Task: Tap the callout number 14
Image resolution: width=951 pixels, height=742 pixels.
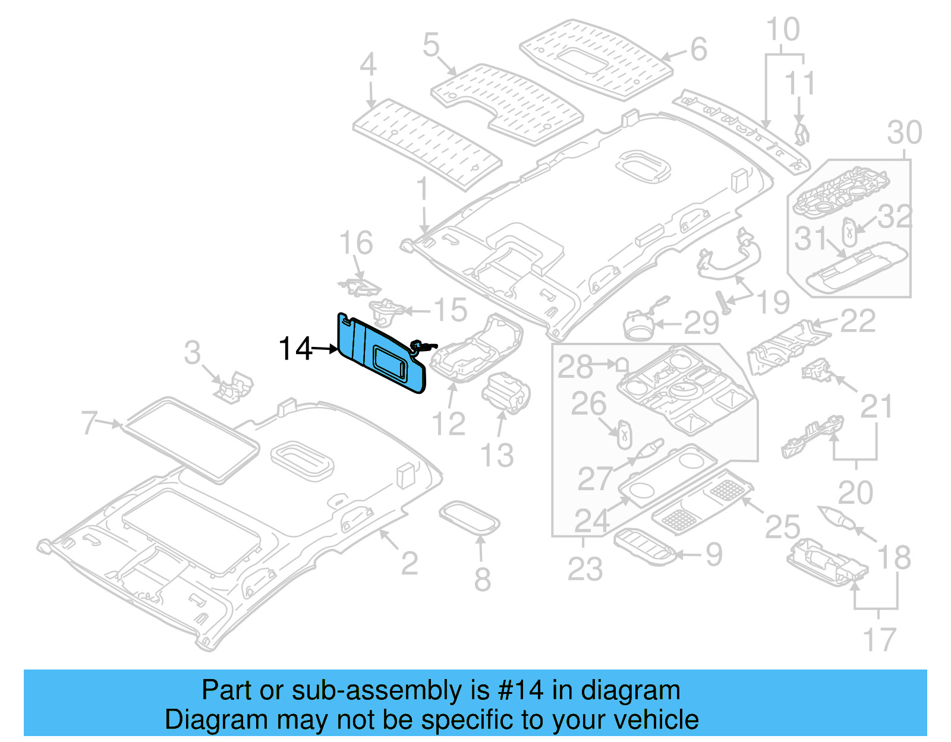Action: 295,349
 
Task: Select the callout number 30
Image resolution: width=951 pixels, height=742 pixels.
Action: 904,132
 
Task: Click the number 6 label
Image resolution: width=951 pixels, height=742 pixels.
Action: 698,49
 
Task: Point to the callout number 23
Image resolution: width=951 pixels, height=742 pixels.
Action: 585,569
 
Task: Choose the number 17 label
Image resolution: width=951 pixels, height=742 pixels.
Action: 879,640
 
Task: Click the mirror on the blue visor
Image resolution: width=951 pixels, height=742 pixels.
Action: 390,363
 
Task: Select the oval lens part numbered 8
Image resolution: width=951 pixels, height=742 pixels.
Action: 469,519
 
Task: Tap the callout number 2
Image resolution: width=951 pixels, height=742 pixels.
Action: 409,563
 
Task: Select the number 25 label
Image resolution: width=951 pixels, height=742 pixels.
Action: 782,527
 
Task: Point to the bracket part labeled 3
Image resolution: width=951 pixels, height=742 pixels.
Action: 234,387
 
